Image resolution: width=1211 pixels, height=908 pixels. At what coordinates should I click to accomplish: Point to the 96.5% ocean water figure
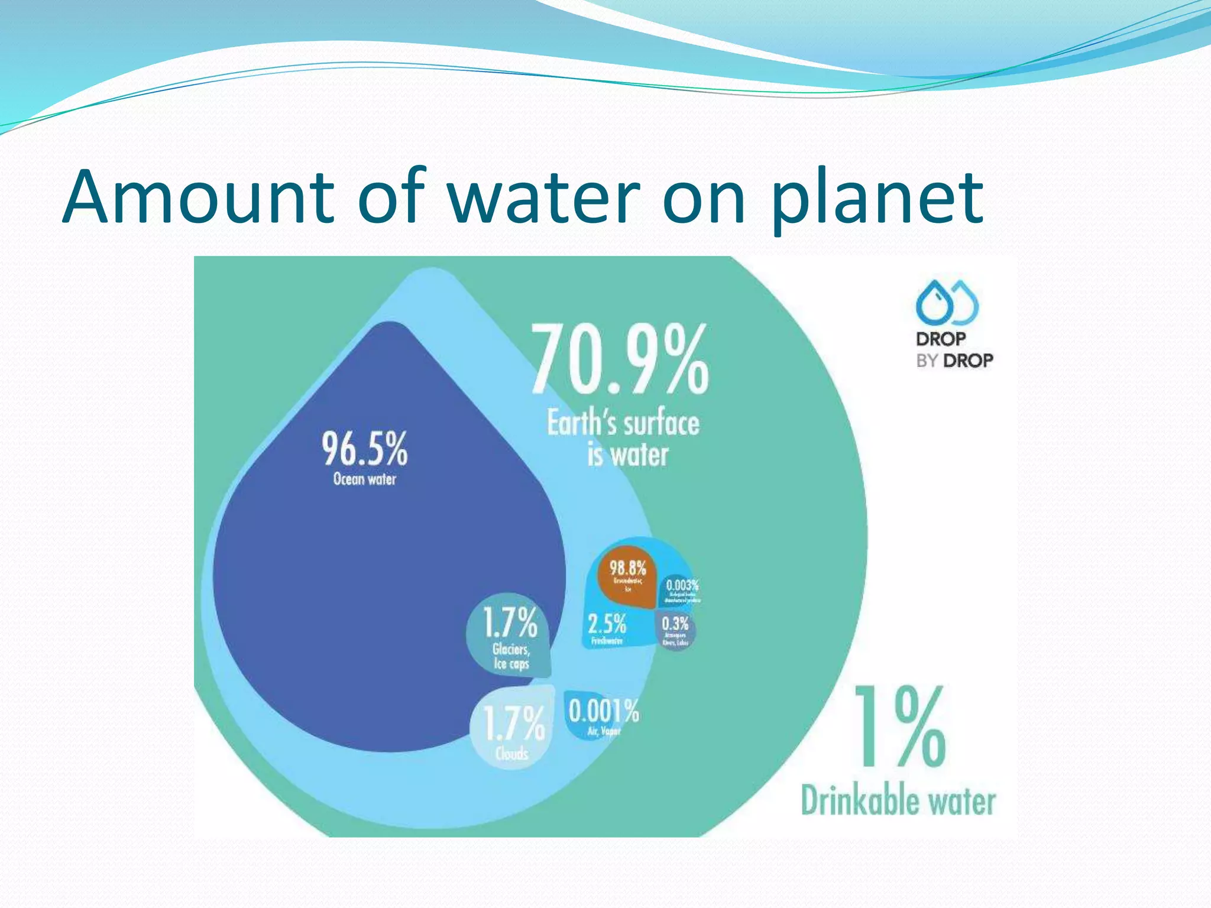(x=364, y=449)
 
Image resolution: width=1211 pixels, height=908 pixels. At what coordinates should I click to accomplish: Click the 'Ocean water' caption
(x=364, y=479)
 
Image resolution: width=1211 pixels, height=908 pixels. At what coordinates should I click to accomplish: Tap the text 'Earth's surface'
(x=623, y=424)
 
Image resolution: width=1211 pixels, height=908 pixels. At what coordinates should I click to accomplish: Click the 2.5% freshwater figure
(x=607, y=624)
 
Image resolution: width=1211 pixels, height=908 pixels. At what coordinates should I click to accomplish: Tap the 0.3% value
(x=675, y=624)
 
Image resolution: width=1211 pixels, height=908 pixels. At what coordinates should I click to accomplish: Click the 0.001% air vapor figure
(x=604, y=711)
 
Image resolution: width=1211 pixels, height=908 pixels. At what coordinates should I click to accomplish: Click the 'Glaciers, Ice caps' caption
(x=511, y=657)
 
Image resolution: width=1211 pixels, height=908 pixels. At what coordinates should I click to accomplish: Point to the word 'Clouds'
(x=512, y=754)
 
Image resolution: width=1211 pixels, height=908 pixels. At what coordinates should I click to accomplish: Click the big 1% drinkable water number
(x=899, y=727)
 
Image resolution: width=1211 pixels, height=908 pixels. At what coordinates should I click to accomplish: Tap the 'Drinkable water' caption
(x=898, y=802)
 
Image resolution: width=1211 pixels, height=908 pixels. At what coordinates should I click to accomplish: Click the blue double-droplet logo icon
(x=947, y=302)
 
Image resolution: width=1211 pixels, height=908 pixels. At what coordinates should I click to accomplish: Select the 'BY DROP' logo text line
(x=954, y=360)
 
